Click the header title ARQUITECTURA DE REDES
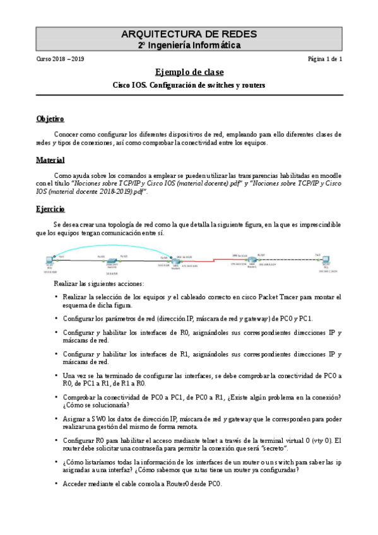pyautogui.click(x=189, y=34)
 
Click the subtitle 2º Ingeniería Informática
pyautogui.click(x=189, y=45)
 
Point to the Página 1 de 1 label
pyautogui.click(x=324, y=60)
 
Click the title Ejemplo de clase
pyautogui.click(x=189, y=72)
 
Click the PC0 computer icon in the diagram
pyautogui.click(x=50, y=261)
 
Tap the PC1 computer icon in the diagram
pyautogui.click(x=326, y=260)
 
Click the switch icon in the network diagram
pyautogui.click(x=112, y=261)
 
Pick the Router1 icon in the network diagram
pyautogui.click(x=252, y=261)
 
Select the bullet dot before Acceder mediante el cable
pyautogui.click(x=57, y=483)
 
